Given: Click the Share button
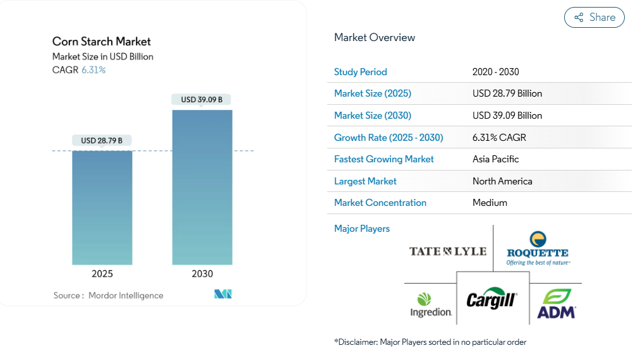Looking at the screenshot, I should tap(594, 18).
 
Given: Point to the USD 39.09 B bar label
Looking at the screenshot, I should tap(202, 100).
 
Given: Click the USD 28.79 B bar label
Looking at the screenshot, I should tap(102, 140).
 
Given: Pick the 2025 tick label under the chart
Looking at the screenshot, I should tap(102, 273).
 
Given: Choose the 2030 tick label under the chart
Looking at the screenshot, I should tap(202, 273).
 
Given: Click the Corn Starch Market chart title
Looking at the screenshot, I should tap(102, 42).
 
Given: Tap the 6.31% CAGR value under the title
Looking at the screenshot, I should tap(93, 70).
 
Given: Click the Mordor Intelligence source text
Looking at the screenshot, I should tap(126, 295).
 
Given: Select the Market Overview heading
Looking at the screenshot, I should tap(375, 37).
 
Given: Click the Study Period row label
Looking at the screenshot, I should tap(360, 72).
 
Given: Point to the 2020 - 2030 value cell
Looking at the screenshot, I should tap(495, 72).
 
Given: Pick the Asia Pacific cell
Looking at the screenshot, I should tap(495, 159).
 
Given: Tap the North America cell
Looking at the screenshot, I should tap(502, 181).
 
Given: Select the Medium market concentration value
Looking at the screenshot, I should tap(490, 203).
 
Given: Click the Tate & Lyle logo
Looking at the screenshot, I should tap(448, 251).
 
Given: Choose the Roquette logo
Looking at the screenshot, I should tap(538, 248).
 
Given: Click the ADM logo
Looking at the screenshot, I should tap(556, 303).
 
